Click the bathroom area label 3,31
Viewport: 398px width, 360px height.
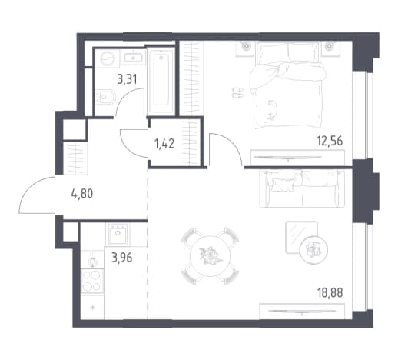[127, 79]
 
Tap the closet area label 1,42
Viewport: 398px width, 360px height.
[164, 143]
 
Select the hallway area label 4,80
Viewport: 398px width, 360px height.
[82, 193]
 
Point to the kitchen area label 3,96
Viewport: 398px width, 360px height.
[122, 258]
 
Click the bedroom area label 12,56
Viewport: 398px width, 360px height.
[330, 141]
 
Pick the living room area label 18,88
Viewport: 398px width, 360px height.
[330, 293]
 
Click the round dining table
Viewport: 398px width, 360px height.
[210, 256]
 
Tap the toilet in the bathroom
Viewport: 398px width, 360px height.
[105, 96]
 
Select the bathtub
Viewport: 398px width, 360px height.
[161, 82]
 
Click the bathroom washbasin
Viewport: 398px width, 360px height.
[133, 58]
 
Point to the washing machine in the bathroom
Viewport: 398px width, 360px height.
[107, 58]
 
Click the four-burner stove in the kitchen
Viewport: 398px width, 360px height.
[92, 282]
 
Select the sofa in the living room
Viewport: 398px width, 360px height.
[302, 188]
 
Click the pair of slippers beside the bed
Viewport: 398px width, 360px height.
[237, 92]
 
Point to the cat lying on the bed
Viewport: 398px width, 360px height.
[272, 109]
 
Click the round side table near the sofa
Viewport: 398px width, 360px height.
[313, 250]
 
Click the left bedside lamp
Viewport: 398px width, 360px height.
[246, 47]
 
